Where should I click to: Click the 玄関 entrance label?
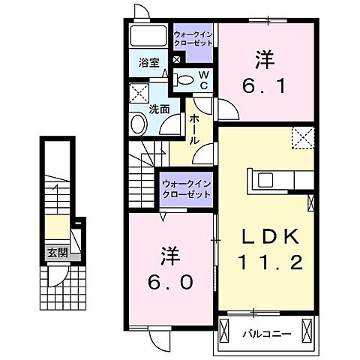click(57, 253)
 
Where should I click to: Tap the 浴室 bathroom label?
click(149, 64)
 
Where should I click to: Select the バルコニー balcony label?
click(262, 331)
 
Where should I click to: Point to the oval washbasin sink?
click(139, 123)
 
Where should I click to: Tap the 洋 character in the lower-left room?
click(168, 254)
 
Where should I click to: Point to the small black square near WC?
click(177, 60)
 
